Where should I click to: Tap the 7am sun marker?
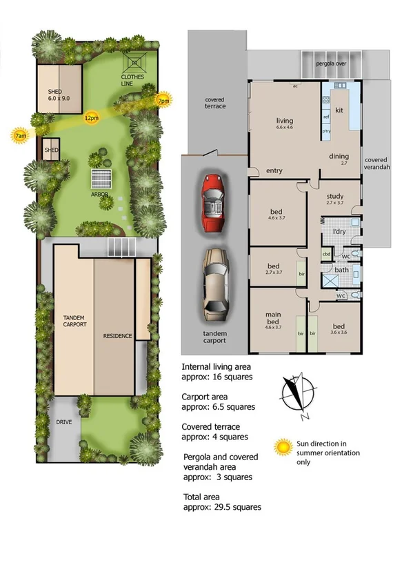pyautogui.click(x=21, y=134)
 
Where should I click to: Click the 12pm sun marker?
pyautogui.click(x=91, y=118)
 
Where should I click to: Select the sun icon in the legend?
pyautogui.click(x=281, y=446)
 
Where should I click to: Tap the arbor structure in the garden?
pyautogui.click(x=101, y=178)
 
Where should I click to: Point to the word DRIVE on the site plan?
pyautogui.click(x=65, y=422)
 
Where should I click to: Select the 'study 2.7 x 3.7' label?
pyautogui.click(x=334, y=201)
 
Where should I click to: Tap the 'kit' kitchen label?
pyautogui.click(x=339, y=110)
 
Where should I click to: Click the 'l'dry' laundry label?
pyautogui.click(x=339, y=230)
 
